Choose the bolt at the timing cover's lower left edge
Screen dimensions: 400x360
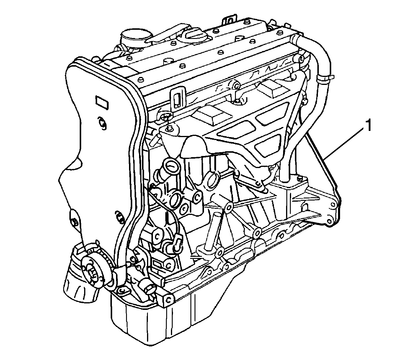pos(74,221)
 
